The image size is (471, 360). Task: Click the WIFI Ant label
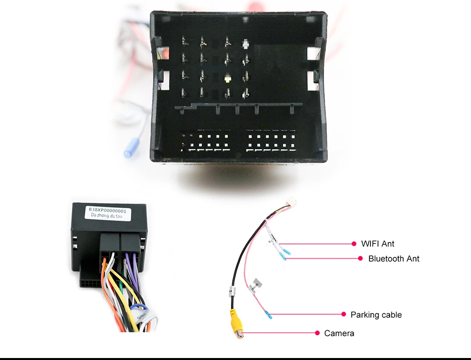pos(378,243)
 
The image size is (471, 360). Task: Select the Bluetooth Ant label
pos(394,258)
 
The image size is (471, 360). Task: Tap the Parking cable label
pos(376,314)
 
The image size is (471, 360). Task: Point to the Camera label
pos(339,333)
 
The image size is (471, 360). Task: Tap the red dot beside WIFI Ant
pos(354,243)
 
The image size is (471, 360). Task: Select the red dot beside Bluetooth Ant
pos(360,258)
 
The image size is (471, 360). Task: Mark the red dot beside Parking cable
pos(344,314)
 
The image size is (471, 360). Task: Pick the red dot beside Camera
pos(317,333)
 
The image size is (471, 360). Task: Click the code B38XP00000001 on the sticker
pos(108,210)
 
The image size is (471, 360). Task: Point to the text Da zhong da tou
pos(107,217)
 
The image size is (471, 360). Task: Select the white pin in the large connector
pos(245,44)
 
